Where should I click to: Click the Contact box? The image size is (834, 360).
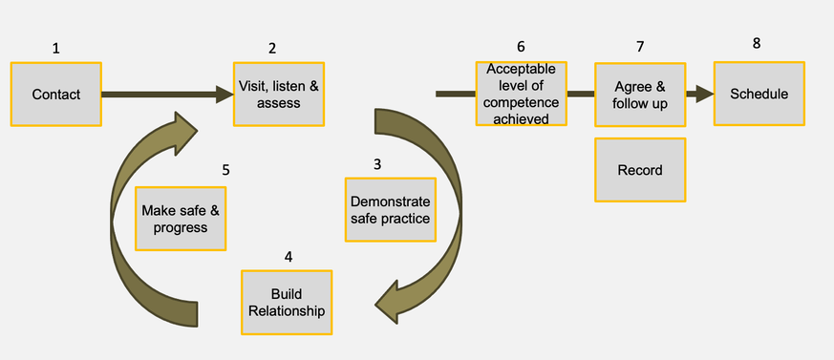55,95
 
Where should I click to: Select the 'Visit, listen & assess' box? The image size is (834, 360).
279,94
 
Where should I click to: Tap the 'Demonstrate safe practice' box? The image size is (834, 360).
390,210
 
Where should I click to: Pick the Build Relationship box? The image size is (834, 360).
287,302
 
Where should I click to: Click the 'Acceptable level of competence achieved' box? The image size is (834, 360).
522,95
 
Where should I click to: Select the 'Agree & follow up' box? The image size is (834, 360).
640,95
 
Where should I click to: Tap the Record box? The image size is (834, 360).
640,170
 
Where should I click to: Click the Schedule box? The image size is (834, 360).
759,94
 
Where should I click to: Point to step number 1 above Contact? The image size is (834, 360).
55,48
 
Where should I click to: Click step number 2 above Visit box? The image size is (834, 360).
272,48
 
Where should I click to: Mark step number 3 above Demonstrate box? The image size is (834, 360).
377,164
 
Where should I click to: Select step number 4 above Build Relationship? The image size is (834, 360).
289,257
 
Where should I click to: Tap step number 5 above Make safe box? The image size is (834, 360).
225,170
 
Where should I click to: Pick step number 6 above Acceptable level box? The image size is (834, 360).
521,47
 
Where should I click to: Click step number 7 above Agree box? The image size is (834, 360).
640,47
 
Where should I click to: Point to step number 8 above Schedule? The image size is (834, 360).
758,43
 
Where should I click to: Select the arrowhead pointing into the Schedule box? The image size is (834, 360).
705,95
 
